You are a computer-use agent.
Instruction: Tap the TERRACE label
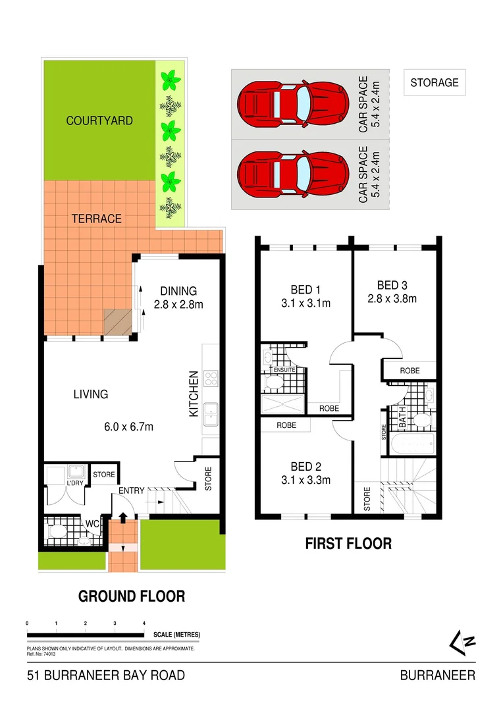point(96,219)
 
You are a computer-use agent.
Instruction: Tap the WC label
point(92,524)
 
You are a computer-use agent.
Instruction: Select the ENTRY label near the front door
point(131,490)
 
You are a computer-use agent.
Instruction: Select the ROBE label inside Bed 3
point(410,371)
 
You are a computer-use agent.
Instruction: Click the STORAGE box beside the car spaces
point(434,83)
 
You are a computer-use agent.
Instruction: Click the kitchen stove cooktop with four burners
point(212,379)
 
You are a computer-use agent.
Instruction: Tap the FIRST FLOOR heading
point(348,543)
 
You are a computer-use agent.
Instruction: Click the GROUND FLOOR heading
point(132,596)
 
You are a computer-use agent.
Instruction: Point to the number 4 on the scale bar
point(144,623)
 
